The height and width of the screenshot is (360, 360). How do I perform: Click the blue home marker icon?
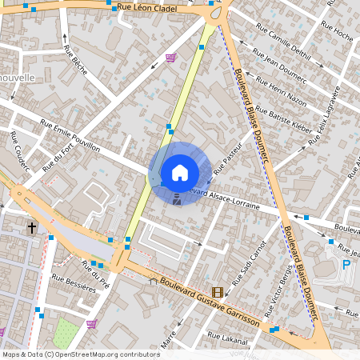point(179,172)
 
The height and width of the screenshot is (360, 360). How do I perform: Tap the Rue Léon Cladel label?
point(146,8)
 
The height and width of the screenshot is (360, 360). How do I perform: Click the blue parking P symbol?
point(346,265)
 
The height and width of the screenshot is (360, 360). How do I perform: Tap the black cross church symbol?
point(32,228)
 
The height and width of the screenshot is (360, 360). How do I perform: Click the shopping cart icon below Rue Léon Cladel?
point(170,58)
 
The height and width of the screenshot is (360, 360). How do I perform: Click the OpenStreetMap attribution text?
point(80,354)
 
